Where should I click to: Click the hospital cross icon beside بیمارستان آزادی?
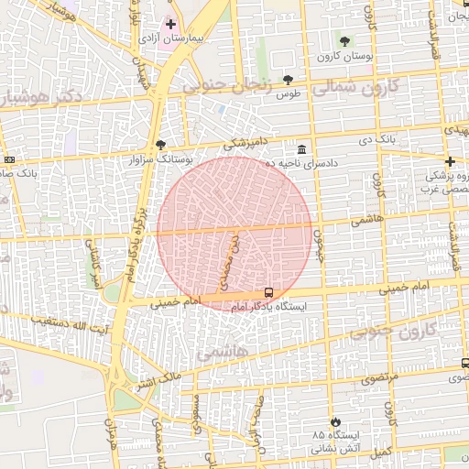tap(170, 23)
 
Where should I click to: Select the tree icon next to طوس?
tap(289, 80)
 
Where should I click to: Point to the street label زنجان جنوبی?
tap(230, 87)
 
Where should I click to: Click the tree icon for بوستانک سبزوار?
tap(161, 144)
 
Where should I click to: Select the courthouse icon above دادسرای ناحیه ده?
tap(301, 148)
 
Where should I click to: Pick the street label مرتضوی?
tap(379, 377)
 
